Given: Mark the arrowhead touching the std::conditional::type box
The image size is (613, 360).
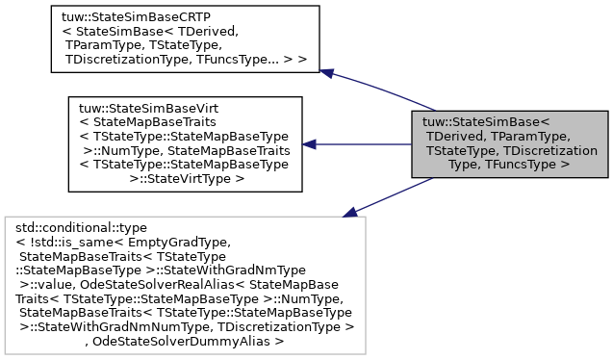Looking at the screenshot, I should pos(350,210).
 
